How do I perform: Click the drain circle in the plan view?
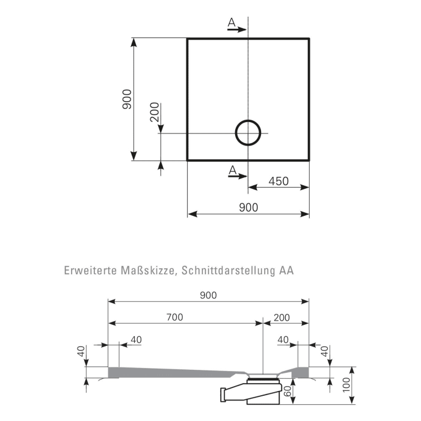point(248,133)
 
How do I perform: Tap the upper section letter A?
point(232,22)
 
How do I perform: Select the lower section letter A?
point(232,170)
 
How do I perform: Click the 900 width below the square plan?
point(248,207)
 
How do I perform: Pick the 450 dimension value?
point(278,181)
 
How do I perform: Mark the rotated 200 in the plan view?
point(155,112)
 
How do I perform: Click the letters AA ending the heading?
point(286,271)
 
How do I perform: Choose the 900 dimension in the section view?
point(207,295)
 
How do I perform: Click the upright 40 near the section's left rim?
point(135,340)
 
